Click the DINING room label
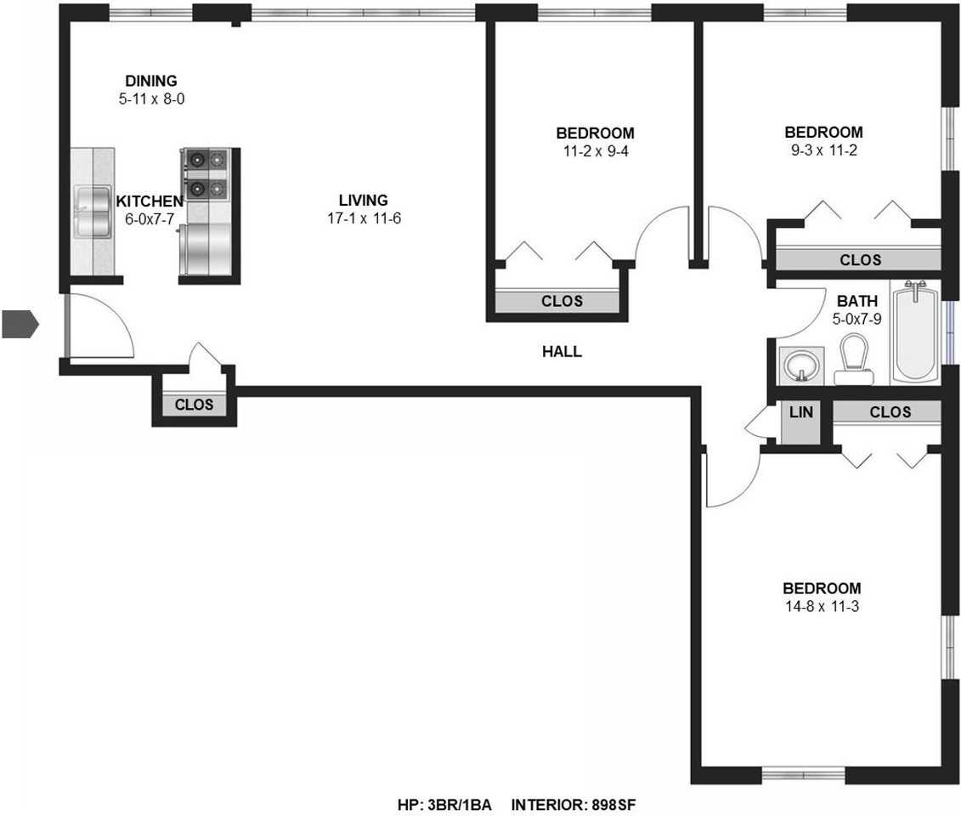151,81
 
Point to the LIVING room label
363,201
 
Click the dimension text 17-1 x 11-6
363,218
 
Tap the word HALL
562,351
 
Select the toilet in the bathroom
853,360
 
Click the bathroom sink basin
800,366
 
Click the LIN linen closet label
801,412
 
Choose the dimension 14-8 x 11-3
821,607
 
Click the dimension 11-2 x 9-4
595,151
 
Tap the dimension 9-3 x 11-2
823,150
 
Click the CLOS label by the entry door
194,405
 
